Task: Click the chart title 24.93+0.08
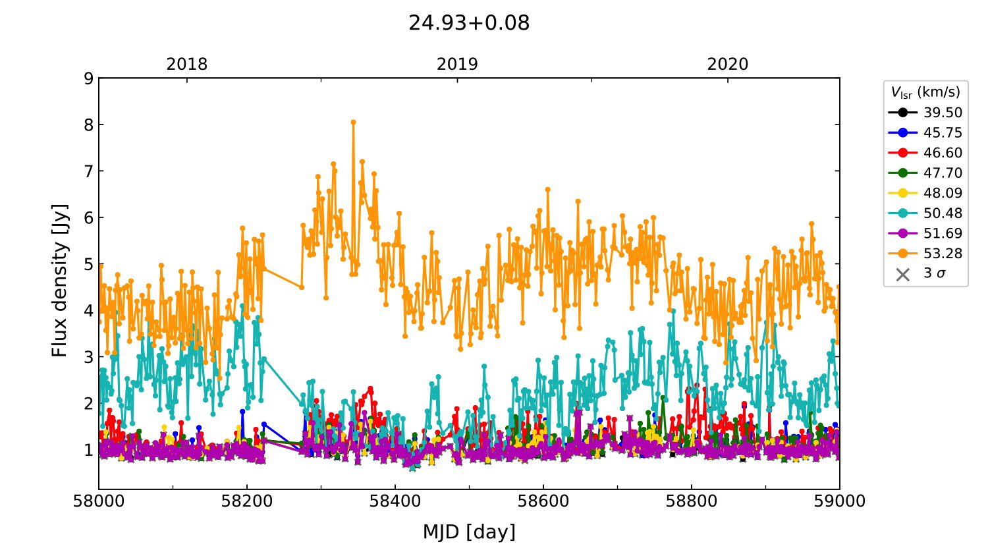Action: [x=469, y=23]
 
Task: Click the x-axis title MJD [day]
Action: [x=469, y=532]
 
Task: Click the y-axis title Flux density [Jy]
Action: [x=60, y=280]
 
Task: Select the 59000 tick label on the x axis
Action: [x=840, y=501]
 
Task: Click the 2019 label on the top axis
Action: [x=457, y=65]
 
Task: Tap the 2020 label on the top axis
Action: [x=728, y=65]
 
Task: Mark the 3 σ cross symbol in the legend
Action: [x=903, y=274]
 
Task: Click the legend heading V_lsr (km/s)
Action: [x=925, y=92]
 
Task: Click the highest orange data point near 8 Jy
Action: [x=353, y=122]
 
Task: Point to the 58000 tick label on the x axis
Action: [x=99, y=501]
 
